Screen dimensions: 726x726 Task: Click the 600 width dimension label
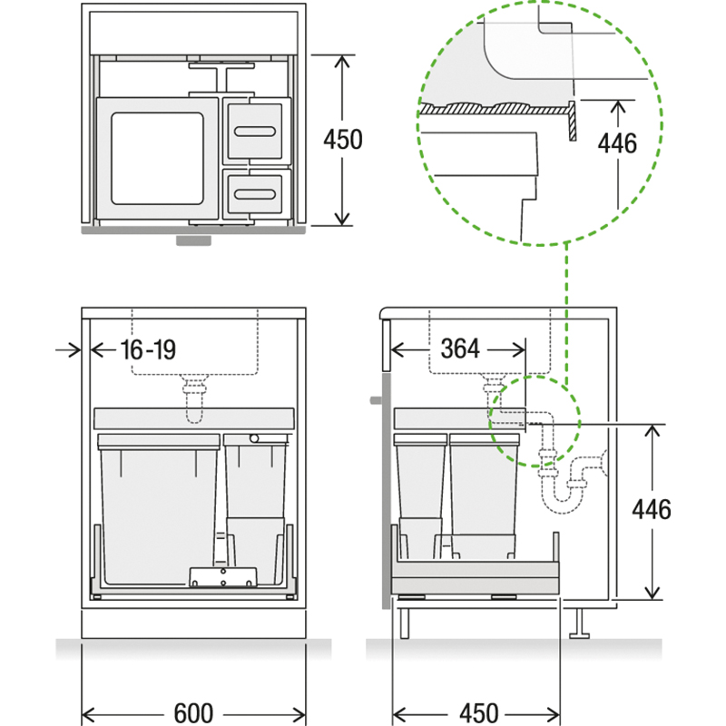pyautogui.click(x=193, y=713)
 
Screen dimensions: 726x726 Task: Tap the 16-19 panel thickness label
pyautogui.click(x=148, y=349)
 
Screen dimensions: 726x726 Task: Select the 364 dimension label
pyautogui.click(x=460, y=348)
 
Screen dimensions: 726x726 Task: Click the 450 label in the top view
pyautogui.click(x=343, y=140)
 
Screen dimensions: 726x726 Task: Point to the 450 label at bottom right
pyautogui.click(x=479, y=713)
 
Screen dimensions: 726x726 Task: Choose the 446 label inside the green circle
pyautogui.click(x=617, y=143)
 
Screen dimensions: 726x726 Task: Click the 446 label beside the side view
pyautogui.click(x=652, y=509)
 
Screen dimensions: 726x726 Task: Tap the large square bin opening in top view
pyautogui.click(x=157, y=158)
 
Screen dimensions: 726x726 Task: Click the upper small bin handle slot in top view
pyautogui.click(x=255, y=132)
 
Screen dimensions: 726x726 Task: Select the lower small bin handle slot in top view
pyautogui.click(x=255, y=193)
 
